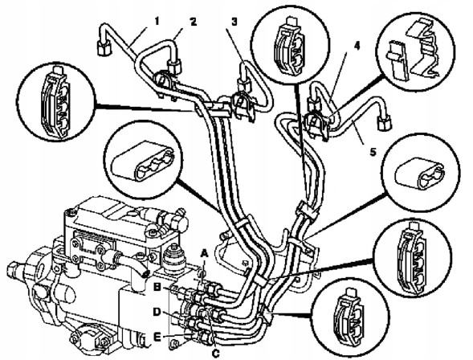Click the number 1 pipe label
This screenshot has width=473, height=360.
tap(157, 21)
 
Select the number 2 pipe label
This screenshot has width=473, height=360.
tap(193, 22)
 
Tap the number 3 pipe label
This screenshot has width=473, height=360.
tap(234, 22)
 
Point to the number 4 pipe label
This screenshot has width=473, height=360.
tap(357, 46)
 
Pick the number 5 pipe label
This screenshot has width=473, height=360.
tap(373, 152)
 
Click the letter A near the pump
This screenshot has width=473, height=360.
tap(205, 253)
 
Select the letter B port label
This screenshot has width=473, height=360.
tap(157, 287)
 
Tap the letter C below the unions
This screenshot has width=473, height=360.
tap(215, 353)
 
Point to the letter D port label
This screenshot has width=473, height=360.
tap(157, 313)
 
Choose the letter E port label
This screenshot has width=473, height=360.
tap(157, 337)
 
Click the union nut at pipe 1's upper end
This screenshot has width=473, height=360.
tap(103, 47)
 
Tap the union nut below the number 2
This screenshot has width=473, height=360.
tap(174, 66)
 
